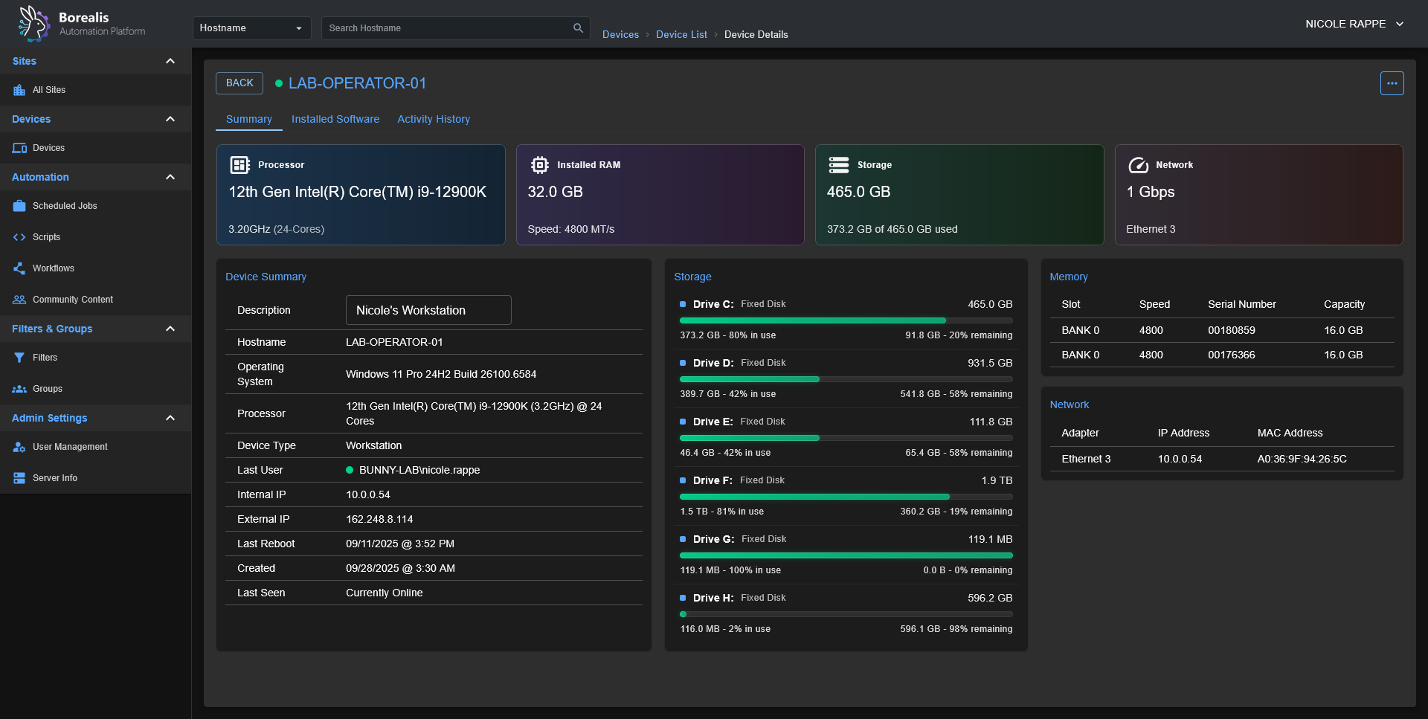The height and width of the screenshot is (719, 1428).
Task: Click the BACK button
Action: (239, 83)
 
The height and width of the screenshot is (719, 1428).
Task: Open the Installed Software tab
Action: (335, 119)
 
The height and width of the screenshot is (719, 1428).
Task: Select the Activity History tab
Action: (434, 119)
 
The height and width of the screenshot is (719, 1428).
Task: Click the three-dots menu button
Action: (1392, 83)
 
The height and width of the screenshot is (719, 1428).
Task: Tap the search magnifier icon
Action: (578, 28)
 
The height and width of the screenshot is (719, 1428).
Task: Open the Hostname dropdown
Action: (251, 28)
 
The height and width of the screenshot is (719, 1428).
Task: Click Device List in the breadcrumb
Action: (681, 35)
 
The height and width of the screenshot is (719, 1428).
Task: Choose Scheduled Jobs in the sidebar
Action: (65, 206)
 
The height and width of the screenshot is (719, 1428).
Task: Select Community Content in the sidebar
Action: (73, 300)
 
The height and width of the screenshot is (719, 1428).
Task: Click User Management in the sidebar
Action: (70, 447)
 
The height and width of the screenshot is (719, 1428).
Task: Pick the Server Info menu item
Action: (55, 478)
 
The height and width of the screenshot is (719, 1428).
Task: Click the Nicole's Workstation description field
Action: (428, 310)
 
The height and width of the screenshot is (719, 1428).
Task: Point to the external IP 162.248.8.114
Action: (379, 519)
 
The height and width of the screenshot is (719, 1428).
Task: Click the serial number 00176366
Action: (1231, 355)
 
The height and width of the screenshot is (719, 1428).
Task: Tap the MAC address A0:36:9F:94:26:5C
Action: (1302, 459)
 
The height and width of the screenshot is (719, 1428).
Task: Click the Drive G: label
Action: (713, 539)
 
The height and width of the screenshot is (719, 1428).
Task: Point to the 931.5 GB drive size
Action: (989, 363)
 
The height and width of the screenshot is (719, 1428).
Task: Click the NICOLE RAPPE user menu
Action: (1354, 24)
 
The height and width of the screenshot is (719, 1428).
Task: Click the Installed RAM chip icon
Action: (540, 165)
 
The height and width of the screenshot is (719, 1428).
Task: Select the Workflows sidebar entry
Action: (54, 268)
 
